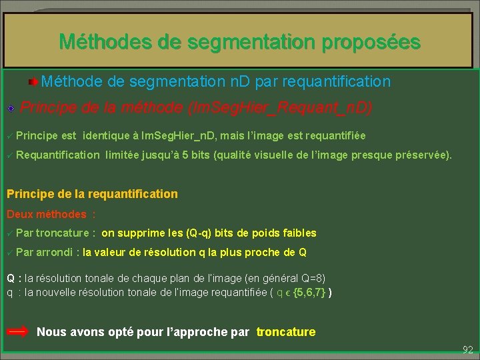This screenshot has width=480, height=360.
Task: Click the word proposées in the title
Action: (x=371, y=42)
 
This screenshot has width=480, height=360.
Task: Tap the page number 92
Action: (x=467, y=349)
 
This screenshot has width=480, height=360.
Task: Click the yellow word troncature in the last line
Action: (x=286, y=332)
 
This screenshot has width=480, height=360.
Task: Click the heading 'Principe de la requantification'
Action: (x=92, y=194)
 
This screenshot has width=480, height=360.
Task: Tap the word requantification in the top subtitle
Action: (x=337, y=82)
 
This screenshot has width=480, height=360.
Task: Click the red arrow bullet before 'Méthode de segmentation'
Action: (x=33, y=82)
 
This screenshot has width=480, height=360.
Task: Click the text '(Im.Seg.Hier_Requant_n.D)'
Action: (x=281, y=107)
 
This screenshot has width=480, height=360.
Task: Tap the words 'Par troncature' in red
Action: (x=53, y=233)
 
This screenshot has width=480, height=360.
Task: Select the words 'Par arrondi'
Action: (x=45, y=253)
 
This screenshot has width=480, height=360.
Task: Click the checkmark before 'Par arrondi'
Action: (x=9, y=253)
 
